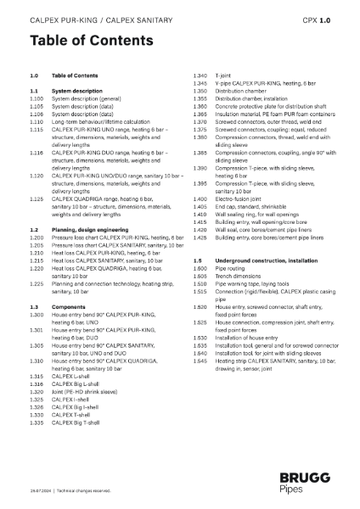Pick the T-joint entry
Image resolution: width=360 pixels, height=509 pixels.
[x=224, y=76]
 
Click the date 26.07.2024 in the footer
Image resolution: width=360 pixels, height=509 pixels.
[x=40, y=490]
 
